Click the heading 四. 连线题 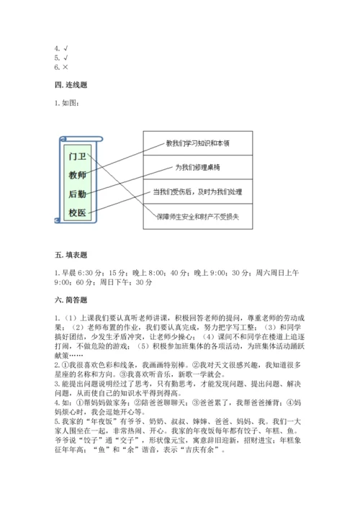70,84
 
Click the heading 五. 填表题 70,255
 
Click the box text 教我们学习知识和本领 198,143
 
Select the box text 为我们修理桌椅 198,167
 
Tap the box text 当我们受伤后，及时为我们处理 198,192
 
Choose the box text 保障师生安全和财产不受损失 198,215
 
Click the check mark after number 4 66,49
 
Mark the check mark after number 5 66,58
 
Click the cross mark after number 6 66,68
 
